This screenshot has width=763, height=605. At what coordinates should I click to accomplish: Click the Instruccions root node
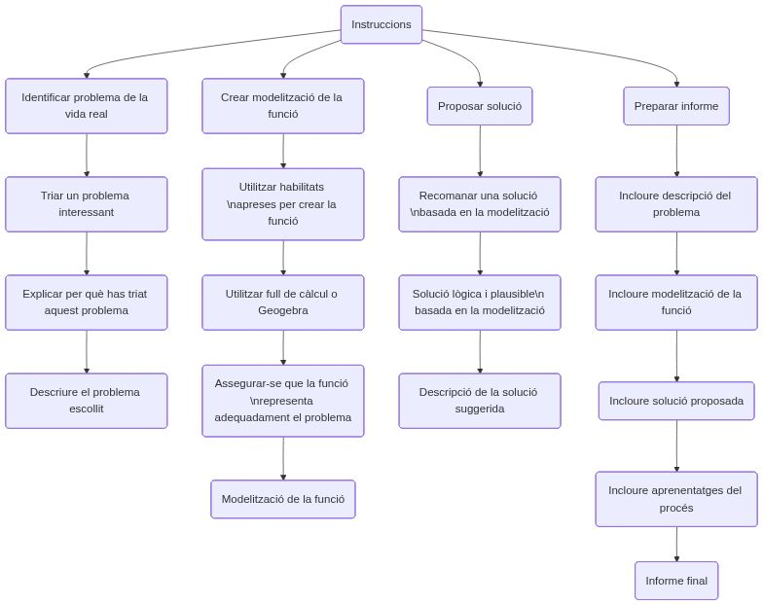point(381,24)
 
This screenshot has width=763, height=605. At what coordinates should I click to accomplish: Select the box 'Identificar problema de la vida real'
point(87,105)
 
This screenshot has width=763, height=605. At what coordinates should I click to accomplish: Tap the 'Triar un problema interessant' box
point(87,203)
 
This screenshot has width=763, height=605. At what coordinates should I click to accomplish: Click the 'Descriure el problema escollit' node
point(87,400)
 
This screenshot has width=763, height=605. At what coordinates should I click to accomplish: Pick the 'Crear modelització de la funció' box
point(283,105)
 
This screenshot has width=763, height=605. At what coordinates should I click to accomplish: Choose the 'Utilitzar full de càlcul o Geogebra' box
point(283,302)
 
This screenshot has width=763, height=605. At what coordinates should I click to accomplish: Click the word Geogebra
point(283,311)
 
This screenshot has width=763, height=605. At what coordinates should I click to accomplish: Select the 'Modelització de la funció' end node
point(283,499)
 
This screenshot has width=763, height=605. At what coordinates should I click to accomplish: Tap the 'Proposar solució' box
point(480,106)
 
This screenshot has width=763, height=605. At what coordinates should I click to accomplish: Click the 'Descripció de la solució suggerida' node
point(480,400)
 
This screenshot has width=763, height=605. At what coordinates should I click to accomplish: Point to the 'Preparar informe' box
point(676,106)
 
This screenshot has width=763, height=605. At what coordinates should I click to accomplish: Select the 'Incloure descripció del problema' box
point(676,203)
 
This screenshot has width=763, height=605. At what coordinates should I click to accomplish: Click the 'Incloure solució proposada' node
point(676,401)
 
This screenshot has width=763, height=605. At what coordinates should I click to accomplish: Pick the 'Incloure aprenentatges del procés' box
point(676,499)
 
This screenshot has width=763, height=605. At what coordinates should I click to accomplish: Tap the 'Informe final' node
point(676,581)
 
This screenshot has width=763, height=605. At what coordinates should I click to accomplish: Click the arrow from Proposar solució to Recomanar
point(480,151)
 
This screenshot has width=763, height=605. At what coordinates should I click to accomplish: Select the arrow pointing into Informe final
point(676,545)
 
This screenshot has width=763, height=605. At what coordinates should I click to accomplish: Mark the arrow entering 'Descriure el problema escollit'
point(87,352)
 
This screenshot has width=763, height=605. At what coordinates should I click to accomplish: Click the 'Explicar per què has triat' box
point(87,302)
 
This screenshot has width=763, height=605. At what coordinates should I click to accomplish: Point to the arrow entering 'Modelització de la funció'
point(283,457)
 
